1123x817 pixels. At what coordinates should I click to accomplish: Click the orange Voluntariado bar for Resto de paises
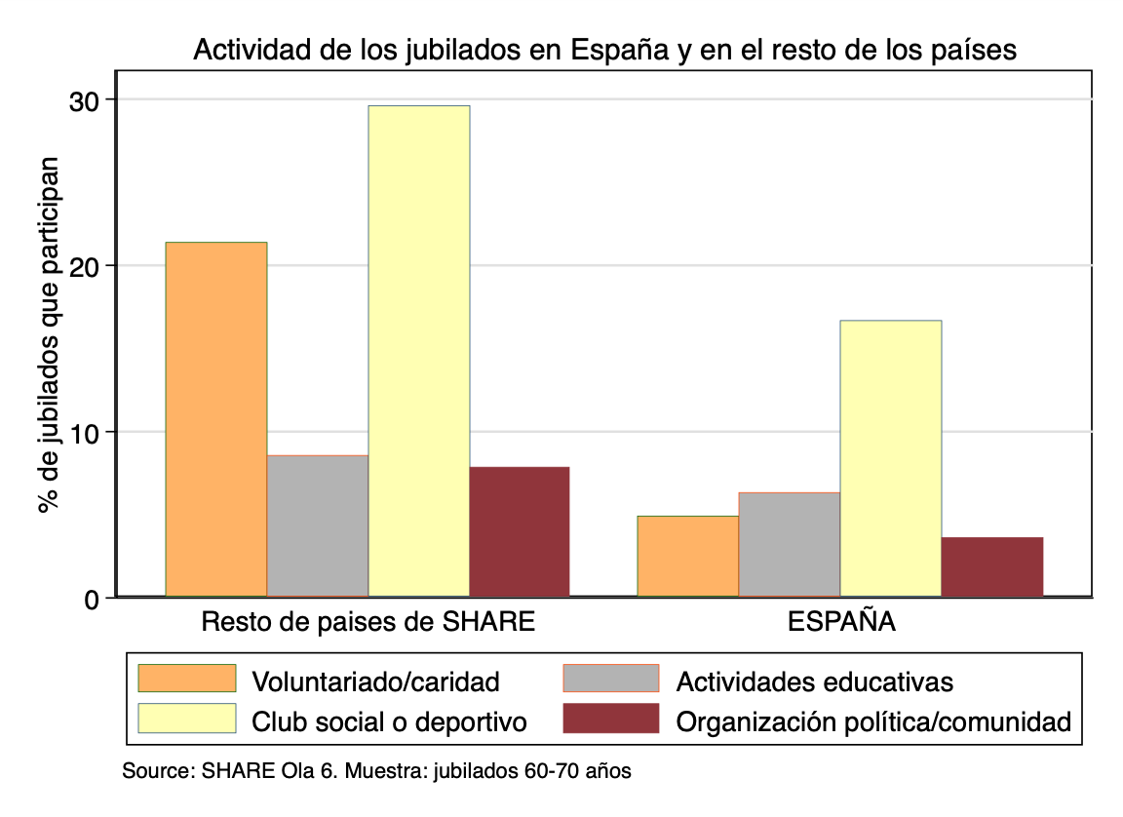[216, 419]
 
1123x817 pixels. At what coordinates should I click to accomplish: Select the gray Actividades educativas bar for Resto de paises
[318, 525]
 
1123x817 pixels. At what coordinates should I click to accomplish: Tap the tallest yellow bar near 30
[419, 351]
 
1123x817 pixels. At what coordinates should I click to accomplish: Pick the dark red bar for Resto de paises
[520, 531]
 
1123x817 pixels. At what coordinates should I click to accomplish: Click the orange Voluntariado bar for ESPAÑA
[688, 556]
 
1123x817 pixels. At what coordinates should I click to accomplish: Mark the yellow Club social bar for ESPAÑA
[891, 458]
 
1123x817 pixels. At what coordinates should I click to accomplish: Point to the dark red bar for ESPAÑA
[992, 566]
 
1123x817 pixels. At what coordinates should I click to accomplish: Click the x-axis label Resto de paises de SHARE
[368, 622]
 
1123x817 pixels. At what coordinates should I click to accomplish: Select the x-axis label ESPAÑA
[840, 622]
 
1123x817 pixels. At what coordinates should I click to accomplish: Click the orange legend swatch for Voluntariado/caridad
[187, 679]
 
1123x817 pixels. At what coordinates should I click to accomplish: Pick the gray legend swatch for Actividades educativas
[611, 679]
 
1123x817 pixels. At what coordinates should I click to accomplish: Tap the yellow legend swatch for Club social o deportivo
[187, 719]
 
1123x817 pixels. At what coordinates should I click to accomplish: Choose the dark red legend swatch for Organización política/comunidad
[611, 719]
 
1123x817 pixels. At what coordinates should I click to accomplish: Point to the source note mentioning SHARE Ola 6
[376, 771]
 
